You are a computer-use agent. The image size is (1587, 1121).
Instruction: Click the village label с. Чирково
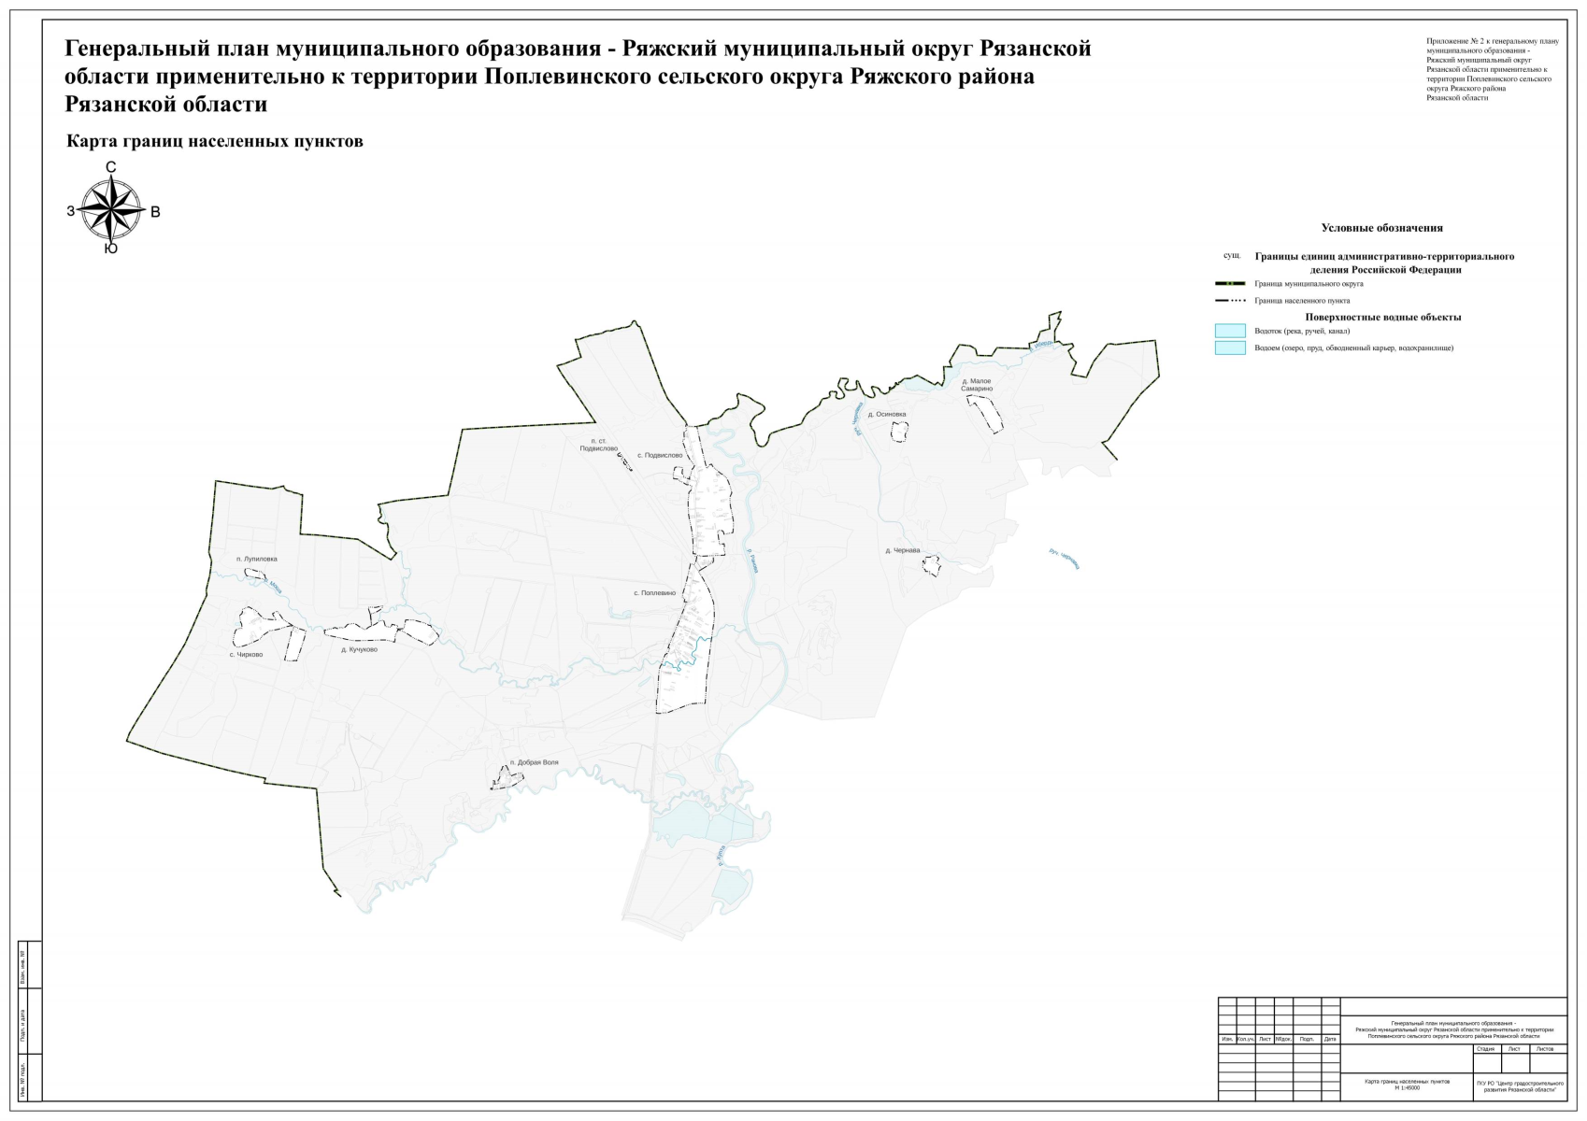point(247,655)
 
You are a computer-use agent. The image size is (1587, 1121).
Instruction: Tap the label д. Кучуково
point(360,649)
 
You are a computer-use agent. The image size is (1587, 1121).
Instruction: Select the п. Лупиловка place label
point(257,560)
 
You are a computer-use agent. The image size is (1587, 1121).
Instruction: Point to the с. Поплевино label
point(654,593)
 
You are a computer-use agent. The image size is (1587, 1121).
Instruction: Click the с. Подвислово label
point(660,456)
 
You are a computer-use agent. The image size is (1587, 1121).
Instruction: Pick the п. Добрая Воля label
point(535,763)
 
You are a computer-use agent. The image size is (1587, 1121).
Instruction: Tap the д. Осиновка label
point(887,415)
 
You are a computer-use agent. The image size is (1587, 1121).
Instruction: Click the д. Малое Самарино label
point(977,385)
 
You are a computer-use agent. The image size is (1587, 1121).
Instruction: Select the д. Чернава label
point(903,551)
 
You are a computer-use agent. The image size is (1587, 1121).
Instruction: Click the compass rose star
point(111,209)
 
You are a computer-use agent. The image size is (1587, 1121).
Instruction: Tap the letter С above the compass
point(111,168)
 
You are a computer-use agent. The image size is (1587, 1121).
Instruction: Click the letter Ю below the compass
point(111,249)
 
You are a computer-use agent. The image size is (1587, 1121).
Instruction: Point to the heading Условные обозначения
point(1381,228)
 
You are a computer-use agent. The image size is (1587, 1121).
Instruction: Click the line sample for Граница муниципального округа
point(1230,284)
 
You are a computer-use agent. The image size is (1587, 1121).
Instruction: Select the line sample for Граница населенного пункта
point(1230,301)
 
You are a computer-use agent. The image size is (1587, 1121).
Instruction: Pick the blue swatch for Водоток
point(1230,331)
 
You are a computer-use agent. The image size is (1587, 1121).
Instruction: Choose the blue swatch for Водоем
point(1230,348)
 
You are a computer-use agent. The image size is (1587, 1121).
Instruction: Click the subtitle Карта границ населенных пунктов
point(215,142)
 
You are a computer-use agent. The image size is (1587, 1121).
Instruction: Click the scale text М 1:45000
point(1407,1088)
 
